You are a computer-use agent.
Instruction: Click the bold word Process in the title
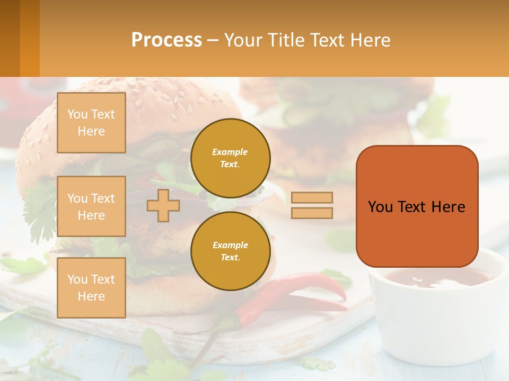166,40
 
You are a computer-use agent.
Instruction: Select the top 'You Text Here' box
91,123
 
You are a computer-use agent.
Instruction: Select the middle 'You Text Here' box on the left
91,206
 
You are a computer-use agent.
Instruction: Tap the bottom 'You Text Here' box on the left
91,287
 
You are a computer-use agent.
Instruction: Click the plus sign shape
163,205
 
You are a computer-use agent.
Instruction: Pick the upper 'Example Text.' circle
231,158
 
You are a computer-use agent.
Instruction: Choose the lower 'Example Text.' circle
231,251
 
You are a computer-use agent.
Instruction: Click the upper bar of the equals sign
312,197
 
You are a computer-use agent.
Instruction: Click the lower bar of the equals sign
312,213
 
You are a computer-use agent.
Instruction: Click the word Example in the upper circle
230,152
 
